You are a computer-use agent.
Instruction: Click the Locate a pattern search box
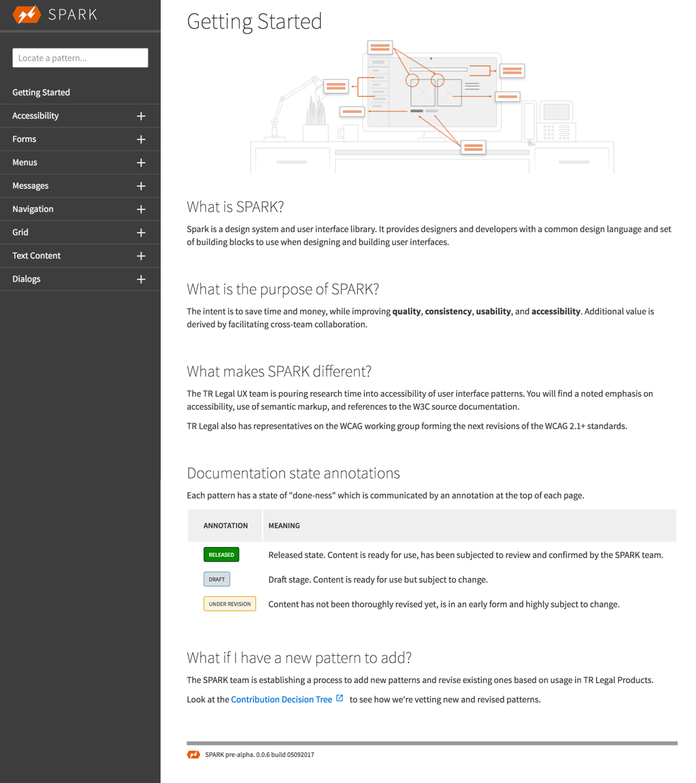[80, 58]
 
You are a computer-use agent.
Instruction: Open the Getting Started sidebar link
[41, 92]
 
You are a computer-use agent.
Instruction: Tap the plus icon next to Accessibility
[141, 116]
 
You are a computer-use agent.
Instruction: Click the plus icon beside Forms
[141, 139]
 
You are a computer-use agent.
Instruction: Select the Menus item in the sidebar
[25, 162]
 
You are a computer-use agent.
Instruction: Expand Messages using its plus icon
[141, 186]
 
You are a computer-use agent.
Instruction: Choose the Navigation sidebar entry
[33, 209]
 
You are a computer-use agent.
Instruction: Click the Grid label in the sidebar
[20, 232]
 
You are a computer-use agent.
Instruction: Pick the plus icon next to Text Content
[141, 256]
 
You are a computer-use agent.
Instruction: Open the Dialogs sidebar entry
[27, 279]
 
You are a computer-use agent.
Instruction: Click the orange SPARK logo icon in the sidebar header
[27, 14]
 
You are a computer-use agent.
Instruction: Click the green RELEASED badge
[221, 555]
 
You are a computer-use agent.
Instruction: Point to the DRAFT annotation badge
[216, 579]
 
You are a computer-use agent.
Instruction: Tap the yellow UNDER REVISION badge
[229, 604]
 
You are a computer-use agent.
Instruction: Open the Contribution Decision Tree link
[282, 699]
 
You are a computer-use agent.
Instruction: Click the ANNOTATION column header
[226, 526]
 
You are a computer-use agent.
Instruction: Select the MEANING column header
[284, 526]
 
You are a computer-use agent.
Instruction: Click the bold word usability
[493, 311]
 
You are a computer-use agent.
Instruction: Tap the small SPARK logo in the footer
[193, 754]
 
